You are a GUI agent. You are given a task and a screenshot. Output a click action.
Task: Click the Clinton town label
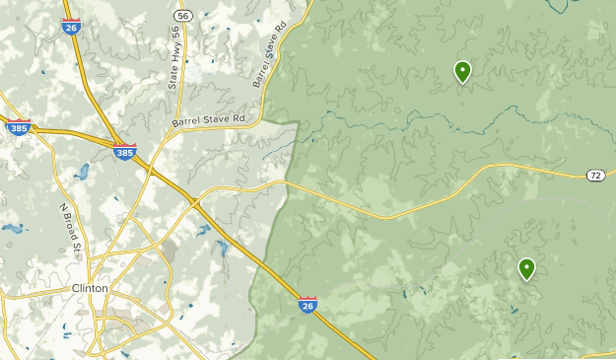point(90,288)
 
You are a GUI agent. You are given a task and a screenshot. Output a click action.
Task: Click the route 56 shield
point(182,16)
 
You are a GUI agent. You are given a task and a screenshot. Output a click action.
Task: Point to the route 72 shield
point(595,176)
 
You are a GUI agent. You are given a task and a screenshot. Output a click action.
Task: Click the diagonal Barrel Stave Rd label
point(270,55)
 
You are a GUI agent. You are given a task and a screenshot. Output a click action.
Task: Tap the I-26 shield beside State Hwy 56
point(71,27)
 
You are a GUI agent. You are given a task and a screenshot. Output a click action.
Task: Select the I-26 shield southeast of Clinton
point(308,306)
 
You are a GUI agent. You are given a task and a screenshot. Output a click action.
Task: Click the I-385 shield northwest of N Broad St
point(18,127)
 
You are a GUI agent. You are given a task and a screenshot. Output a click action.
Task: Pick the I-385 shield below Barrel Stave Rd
point(124,153)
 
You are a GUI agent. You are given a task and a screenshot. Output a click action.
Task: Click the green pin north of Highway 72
point(462,72)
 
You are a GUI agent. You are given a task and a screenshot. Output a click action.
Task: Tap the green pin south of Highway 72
point(527,268)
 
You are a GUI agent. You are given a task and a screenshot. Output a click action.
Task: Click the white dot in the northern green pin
point(462,69)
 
